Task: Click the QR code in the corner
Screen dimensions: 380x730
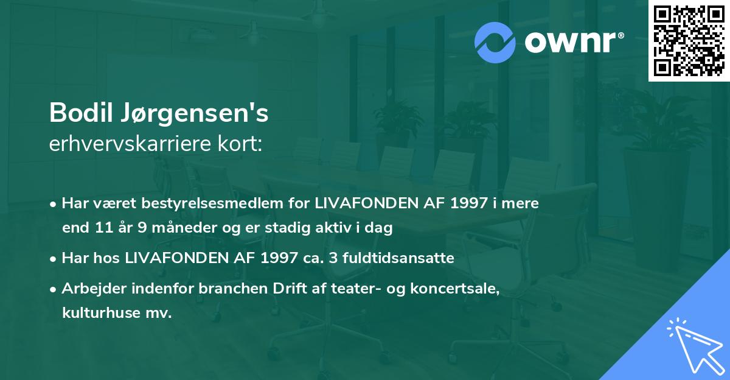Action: coord(688,40)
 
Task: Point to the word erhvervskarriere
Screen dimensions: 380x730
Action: coord(127,144)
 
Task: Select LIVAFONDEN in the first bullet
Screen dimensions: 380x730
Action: coord(367,203)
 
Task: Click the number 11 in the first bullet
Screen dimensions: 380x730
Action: coord(102,228)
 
